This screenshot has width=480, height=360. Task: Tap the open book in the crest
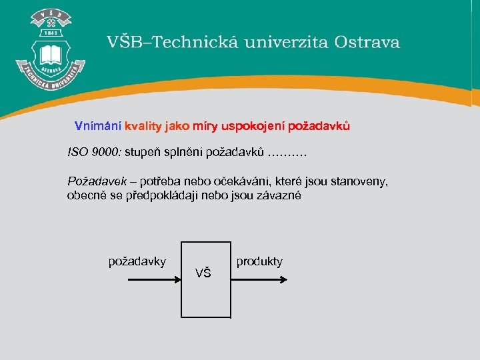(x=50, y=53)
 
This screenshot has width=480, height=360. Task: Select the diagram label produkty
(x=259, y=261)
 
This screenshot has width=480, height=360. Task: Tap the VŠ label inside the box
(x=203, y=273)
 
